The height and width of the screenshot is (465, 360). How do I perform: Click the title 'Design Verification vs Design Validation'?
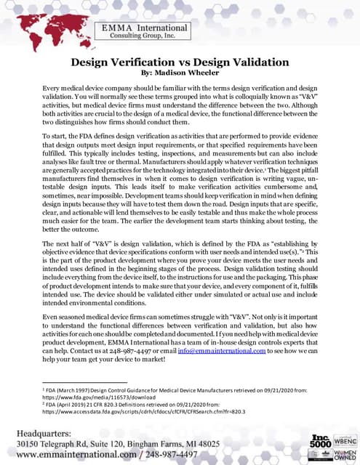click(x=180, y=62)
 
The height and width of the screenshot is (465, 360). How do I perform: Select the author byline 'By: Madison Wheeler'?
click(x=180, y=73)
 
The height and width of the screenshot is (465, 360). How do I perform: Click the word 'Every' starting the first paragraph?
click(x=54, y=87)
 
